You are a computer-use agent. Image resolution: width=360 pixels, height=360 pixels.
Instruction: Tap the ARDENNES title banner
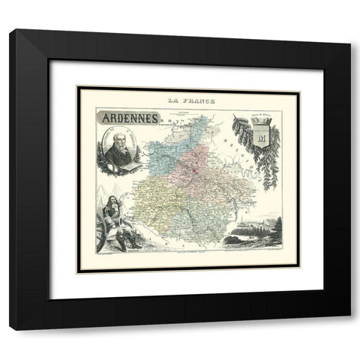126,117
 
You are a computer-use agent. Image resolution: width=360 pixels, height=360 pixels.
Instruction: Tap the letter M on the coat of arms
262,139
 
